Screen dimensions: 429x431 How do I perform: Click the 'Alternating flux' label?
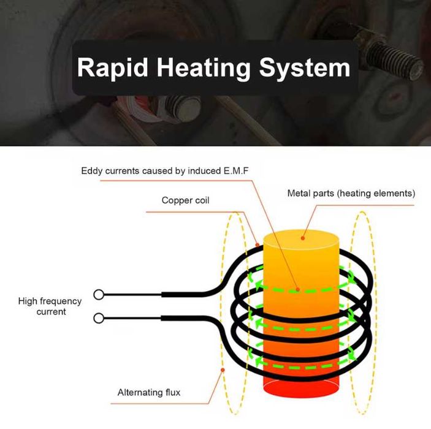point(149,392)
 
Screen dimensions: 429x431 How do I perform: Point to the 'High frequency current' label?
point(50,306)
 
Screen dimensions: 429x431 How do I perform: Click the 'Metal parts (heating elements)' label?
point(351,194)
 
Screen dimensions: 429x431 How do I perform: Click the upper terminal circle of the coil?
point(99,295)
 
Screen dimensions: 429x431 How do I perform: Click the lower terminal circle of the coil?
point(99,318)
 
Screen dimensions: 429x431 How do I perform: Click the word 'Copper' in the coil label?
point(176,200)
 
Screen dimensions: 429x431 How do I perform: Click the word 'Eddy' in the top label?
point(91,170)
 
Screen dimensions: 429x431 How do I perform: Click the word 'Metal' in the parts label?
point(299,194)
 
